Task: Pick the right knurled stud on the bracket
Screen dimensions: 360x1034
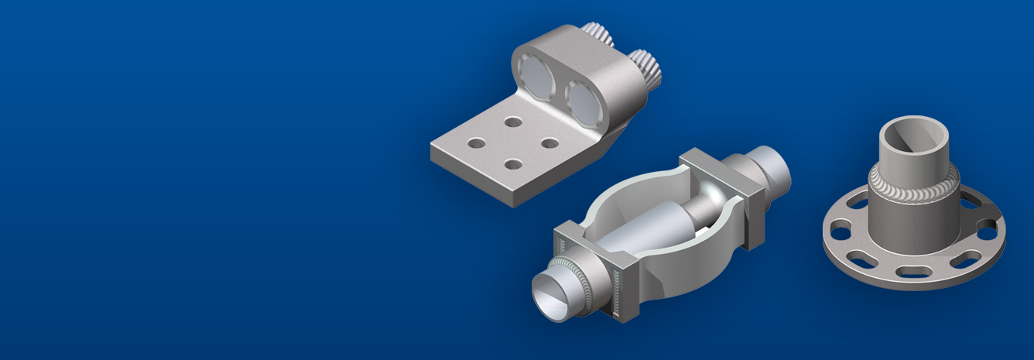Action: tap(644, 65)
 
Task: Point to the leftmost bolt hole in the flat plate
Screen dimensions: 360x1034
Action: tap(477, 143)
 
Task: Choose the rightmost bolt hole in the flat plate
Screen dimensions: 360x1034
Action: tap(550, 143)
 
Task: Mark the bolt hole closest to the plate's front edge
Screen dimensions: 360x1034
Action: tap(512, 163)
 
